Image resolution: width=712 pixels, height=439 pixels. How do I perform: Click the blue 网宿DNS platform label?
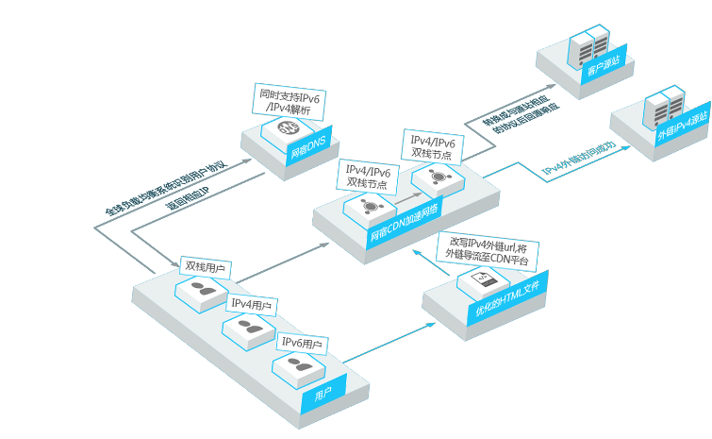[307, 149]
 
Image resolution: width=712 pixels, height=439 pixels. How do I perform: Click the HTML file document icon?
[479, 279]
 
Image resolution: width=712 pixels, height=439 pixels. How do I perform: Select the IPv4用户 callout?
[251, 304]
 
